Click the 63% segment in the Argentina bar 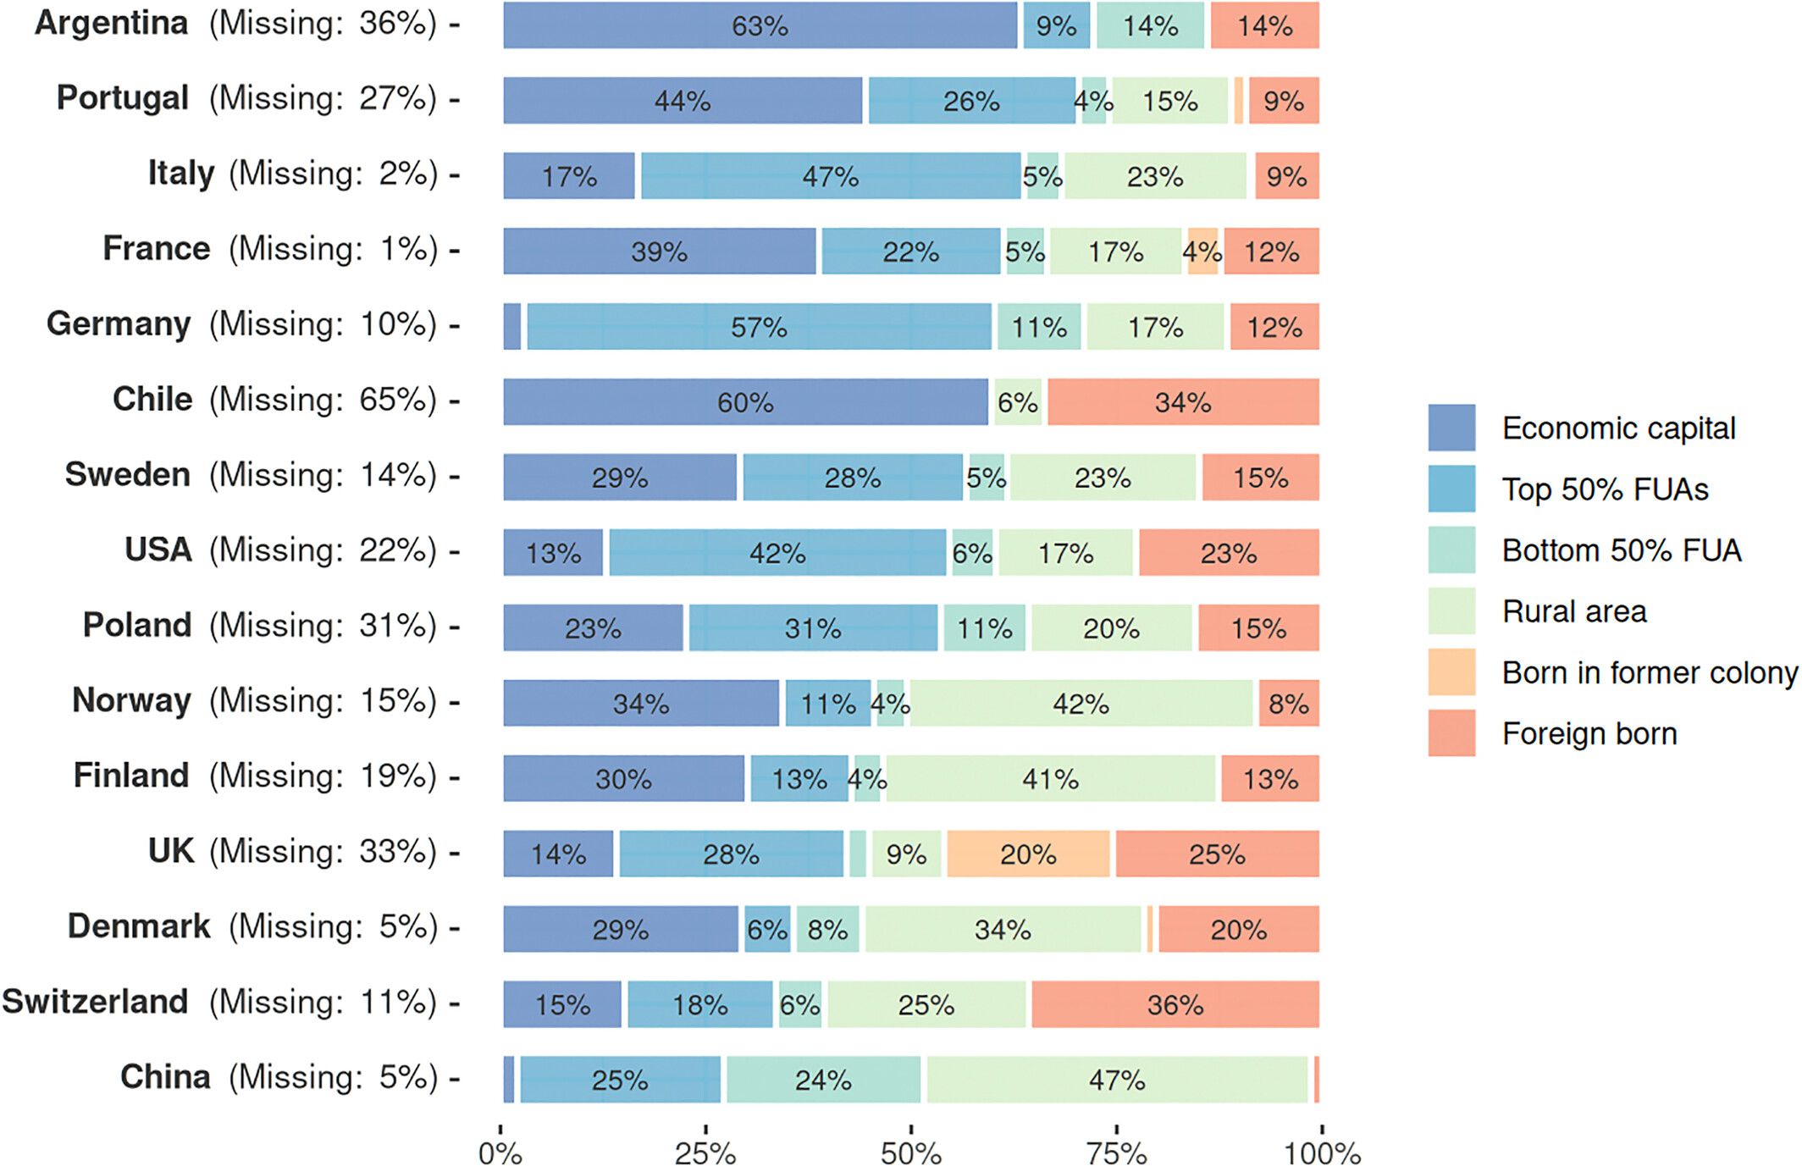pos(760,25)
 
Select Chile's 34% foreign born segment pos(1182,402)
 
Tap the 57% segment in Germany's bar pos(759,327)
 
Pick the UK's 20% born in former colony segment pos(1027,854)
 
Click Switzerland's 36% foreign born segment pos(1175,1004)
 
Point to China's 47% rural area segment pos(1116,1080)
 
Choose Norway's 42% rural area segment pos(1081,703)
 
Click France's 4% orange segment pos(1202,251)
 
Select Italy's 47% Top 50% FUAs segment pos(830,176)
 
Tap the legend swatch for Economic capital pos(1451,428)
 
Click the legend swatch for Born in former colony pos(1451,671)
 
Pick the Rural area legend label pos(1574,611)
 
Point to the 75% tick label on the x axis pos(1116,1152)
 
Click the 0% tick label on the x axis pos(500,1152)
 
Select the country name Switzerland pos(95,1001)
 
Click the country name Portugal pos(122,98)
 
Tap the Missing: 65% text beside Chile pos(323,400)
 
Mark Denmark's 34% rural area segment pos(1003,929)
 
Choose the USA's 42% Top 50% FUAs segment pos(777,553)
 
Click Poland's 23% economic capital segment pos(593,628)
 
